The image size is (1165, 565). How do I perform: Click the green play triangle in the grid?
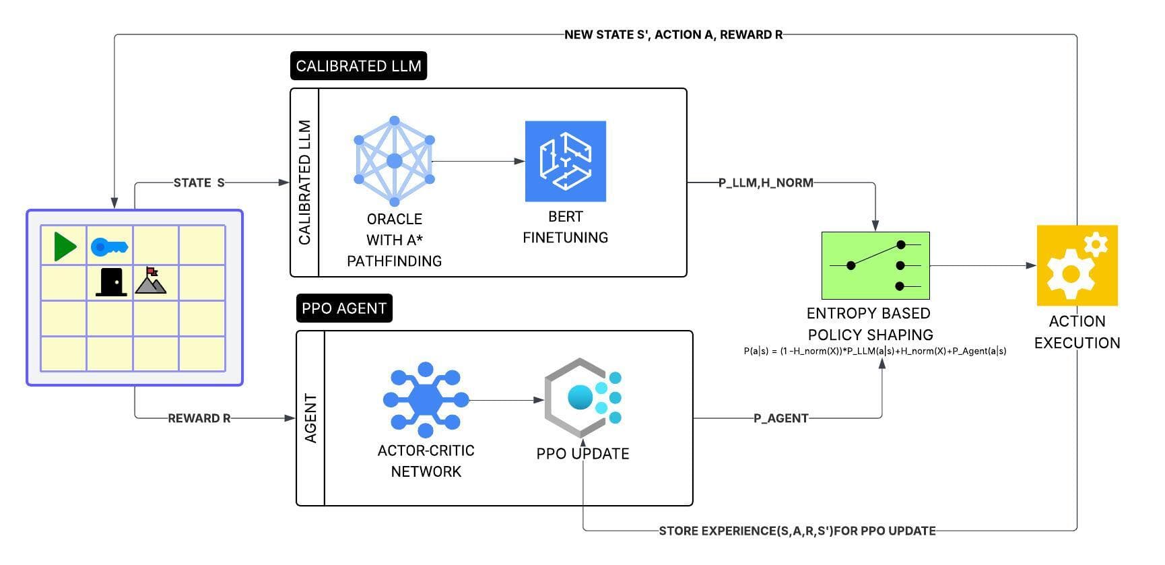(65, 246)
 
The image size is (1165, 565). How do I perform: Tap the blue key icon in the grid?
(109, 247)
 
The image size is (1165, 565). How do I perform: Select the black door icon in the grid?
(112, 282)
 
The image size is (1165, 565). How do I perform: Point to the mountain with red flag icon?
(151, 281)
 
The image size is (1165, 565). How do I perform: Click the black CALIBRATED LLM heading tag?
(358, 66)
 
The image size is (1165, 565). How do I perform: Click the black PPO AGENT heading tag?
(343, 308)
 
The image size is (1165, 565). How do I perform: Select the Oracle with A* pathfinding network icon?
(395, 161)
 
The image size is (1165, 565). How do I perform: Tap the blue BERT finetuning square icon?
(566, 161)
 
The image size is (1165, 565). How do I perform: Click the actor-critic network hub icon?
(426, 399)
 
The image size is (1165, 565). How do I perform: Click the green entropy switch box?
(875, 265)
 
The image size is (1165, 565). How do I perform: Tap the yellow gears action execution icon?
(1077, 265)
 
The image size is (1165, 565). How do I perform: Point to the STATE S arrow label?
(199, 182)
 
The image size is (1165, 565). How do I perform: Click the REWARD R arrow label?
(199, 418)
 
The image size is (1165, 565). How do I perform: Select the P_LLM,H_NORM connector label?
(766, 182)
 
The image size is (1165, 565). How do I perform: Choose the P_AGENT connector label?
(780, 418)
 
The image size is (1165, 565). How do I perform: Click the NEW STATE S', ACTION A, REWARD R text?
(673, 34)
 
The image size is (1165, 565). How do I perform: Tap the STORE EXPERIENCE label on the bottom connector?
(797, 531)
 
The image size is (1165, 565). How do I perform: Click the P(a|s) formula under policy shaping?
(875, 351)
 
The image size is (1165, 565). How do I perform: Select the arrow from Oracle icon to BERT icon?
(478, 161)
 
